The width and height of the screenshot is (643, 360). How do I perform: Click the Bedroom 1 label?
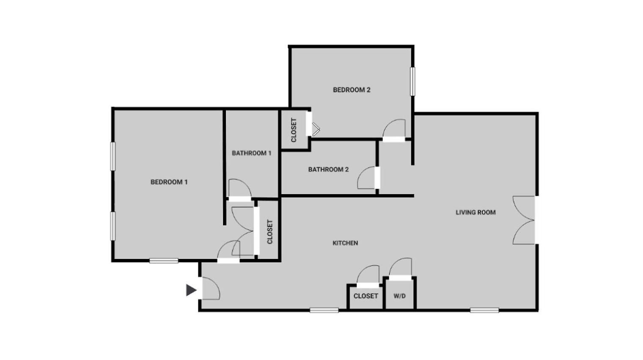(x=169, y=182)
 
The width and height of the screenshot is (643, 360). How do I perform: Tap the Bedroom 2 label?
(x=352, y=90)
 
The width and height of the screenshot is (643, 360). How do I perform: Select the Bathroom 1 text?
(x=251, y=153)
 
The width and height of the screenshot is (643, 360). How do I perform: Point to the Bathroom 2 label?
(x=328, y=169)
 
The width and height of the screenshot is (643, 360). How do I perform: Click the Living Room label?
(x=475, y=212)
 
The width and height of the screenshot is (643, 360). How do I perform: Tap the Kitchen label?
(x=345, y=243)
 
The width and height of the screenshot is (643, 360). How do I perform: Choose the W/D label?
(x=400, y=296)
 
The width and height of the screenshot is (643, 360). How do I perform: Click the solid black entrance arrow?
(x=191, y=290)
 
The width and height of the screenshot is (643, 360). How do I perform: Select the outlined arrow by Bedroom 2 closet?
(x=316, y=129)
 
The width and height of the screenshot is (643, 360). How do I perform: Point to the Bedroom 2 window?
(x=412, y=81)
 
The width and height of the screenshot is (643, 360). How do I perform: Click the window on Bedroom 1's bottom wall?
(x=164, y=261)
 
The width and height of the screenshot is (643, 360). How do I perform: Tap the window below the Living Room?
(x=484, y=310)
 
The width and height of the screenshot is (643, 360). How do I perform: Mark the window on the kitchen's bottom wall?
(x=324, y=310)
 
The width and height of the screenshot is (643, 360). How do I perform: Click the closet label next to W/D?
(x=365, y=296)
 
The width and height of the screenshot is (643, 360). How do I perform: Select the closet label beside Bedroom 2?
(x=294, y=130)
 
